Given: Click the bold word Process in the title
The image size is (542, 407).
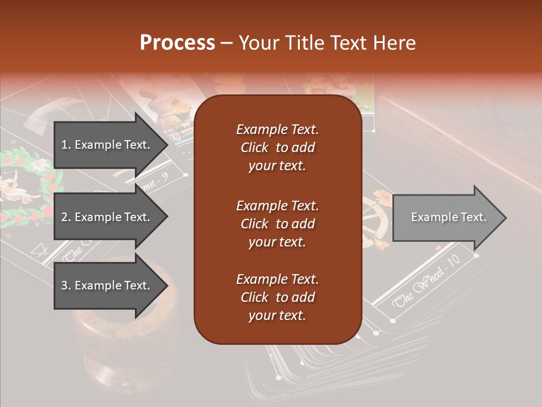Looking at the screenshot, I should [177, 42].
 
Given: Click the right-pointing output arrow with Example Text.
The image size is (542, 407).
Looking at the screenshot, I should [448, 217].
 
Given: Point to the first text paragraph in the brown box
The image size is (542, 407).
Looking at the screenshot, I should [277, 148].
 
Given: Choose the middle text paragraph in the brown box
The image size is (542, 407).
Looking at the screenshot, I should [277, 224].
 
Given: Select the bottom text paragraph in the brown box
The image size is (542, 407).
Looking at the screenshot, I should [277, 297].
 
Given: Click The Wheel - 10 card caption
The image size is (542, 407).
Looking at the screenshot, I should [427, 280].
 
